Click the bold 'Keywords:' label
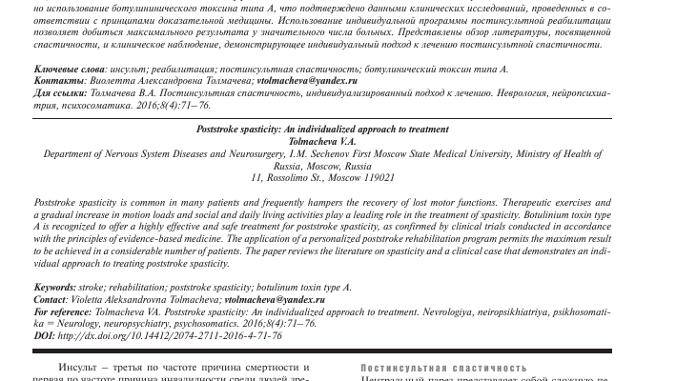click(54, 287)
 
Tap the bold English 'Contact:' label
click(51, 299)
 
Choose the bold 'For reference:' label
click(64, 311)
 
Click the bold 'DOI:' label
click(44, 335)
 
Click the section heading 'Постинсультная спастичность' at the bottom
click(444, 368)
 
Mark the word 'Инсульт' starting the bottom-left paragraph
click(76, 368)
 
